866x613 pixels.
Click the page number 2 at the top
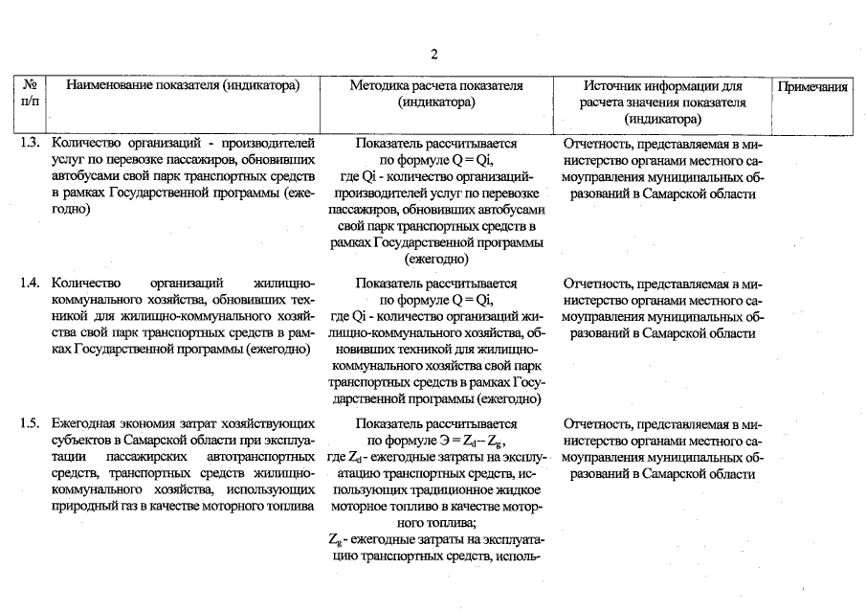coord(433,54)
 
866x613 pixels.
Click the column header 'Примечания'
coord(812,87)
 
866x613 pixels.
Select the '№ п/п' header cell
coord(28,93)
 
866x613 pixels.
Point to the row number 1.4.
coord(31,284)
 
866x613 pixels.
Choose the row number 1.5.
coord(31,423)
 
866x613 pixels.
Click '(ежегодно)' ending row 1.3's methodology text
coord(436,259)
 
